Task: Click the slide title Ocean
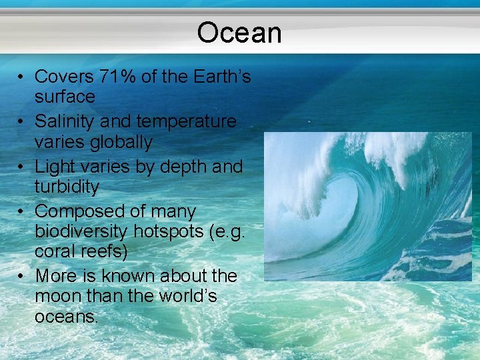(x=239, y=33)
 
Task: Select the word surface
(x=65, y=97)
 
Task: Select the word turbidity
(x=67, y=187)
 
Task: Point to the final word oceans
(x=66, y=317)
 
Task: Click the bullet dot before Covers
(x=22, y=77)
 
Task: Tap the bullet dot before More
(x=22, y=276)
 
